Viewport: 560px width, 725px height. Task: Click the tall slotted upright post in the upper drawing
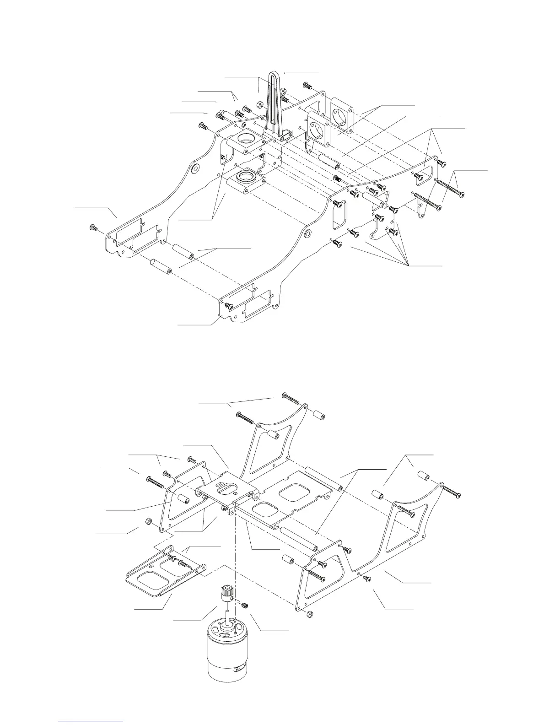pos(273,103)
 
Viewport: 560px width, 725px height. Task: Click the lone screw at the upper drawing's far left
pos(93,227)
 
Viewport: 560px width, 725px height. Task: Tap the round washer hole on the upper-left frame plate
pos(195,170)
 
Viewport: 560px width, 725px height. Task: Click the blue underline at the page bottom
pos(91,721)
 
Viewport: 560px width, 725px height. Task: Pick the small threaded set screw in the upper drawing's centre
pos(338,179)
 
